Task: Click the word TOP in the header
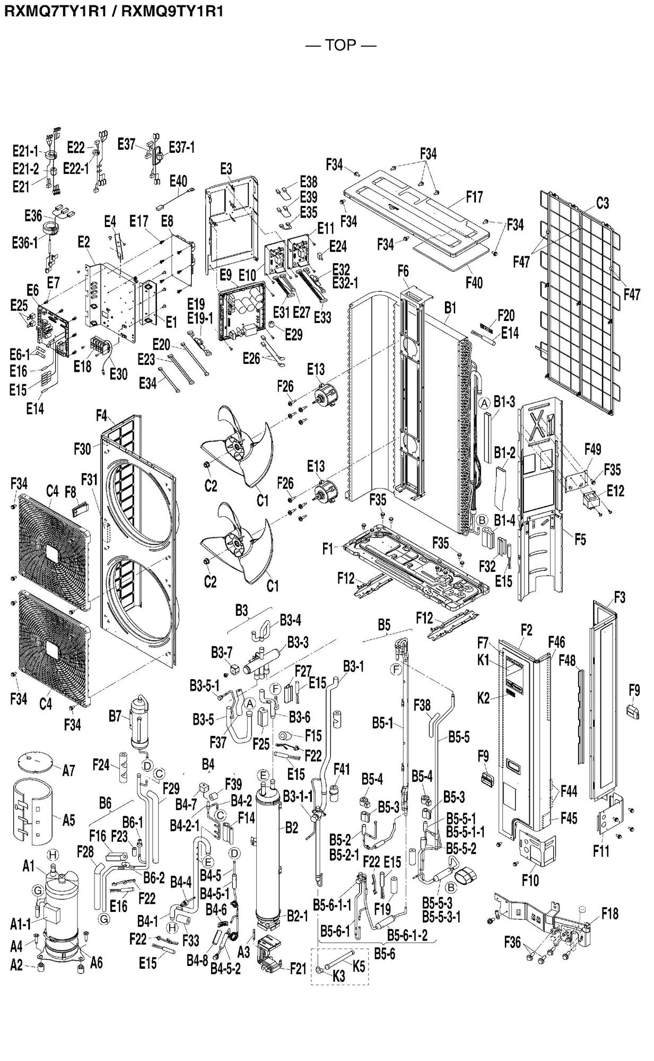click(341, 45)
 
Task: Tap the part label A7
click(68, 771)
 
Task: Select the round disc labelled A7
click(36, 762)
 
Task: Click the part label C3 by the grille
click(603, 203)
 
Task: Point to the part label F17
click(474, 197)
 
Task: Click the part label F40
click(474, 282)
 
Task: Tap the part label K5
click(359, 967)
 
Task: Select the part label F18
click(609, 913)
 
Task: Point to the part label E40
click(178, 181)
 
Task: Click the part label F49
click(592, 449)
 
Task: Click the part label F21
click(298, 969)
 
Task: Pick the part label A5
click(68, 821)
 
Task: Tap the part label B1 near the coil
click(450, 307)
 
